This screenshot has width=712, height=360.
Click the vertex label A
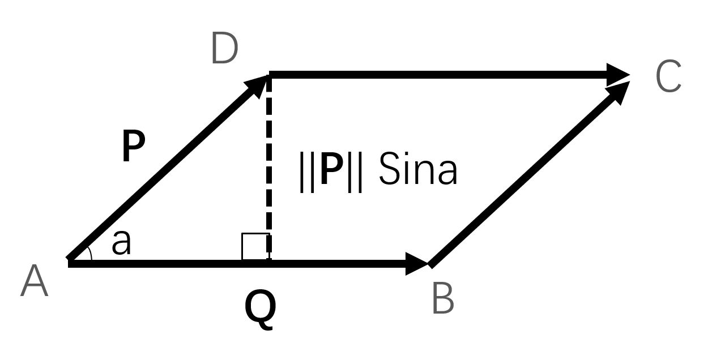tap(34, 282)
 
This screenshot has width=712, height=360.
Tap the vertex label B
tap(443, 299)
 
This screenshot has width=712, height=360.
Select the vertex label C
tap(668, 77)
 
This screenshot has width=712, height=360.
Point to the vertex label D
tap(224, 49)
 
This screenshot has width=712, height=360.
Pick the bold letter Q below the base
tap(261, 309)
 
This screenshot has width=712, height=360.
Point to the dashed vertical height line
tap(269, 170)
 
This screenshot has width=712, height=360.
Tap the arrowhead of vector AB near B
tap(416, 264)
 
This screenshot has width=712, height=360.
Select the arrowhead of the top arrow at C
tap(617, 75)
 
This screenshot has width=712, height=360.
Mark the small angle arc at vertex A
tap(88, 255)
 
